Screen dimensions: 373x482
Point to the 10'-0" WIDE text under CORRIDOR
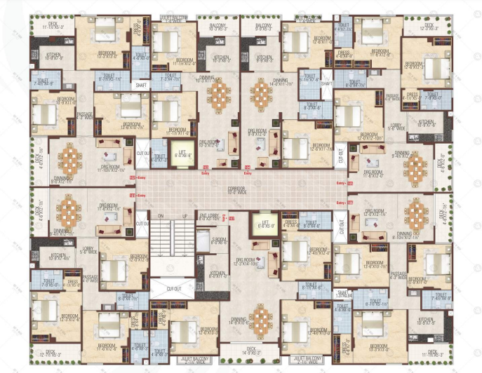pos(240,192)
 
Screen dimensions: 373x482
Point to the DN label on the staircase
pos(161,216)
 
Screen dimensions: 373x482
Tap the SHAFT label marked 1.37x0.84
pos(344,295)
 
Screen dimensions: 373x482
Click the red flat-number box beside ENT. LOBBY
pos(225,219)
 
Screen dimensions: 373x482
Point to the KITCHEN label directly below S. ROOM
pos(218,274)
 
